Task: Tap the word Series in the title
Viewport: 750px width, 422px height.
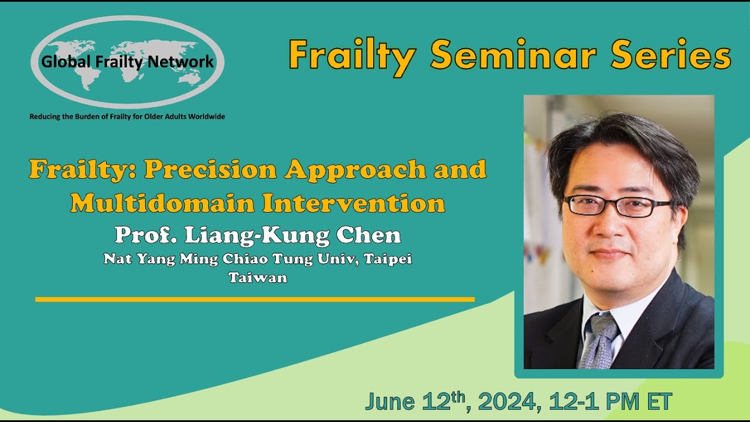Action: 670,56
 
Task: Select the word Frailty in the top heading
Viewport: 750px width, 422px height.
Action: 352,56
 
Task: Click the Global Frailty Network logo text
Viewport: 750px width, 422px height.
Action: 127,62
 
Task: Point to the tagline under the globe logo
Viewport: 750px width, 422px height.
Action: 127,117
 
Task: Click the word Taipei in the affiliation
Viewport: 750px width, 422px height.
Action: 388,259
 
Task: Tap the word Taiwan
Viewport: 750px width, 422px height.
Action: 258,278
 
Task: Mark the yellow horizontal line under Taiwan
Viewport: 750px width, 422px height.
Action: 255,300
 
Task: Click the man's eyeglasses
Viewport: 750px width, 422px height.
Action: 617,206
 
